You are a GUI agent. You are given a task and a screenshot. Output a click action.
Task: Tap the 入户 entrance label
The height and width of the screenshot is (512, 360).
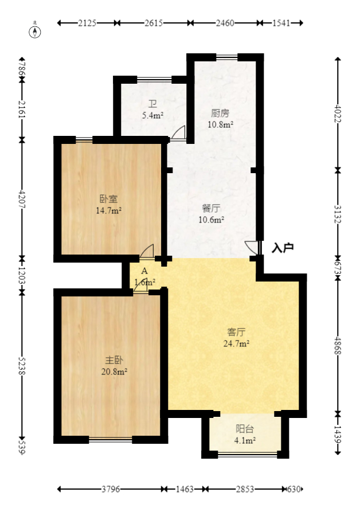tap(283, 248)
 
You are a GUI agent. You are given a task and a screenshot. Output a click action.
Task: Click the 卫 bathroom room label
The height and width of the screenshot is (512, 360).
tap(152, 104)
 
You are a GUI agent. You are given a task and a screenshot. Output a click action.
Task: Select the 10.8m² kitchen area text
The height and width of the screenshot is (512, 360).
tap(221, 124)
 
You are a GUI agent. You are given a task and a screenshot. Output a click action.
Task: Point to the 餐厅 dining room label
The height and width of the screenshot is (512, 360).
tap(210, 209)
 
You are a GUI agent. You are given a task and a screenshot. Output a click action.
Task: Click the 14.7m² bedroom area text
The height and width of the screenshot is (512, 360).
tap(108, 210)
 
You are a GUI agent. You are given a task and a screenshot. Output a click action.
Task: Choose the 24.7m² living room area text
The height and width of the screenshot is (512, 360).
tap(236, 343)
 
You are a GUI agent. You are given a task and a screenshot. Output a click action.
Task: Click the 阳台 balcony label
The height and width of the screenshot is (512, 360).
tap(245, 429)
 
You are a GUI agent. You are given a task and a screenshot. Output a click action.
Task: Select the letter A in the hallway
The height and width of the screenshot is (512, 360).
tap(144, 271)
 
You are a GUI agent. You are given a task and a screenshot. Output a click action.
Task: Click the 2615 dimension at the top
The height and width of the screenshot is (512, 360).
tap(154, 23)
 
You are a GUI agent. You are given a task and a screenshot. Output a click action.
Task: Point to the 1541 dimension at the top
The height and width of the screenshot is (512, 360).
tap(280, 23)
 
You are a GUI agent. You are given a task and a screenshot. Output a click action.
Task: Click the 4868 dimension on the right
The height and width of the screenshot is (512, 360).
tap(338, 344)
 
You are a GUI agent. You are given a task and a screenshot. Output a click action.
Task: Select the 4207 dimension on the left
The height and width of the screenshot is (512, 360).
tap(22, 199)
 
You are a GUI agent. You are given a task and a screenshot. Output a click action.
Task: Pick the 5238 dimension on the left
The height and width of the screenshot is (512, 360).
tap(22, 365)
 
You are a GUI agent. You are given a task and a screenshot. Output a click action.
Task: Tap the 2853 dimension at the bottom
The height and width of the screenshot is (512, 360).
tap(245, 489)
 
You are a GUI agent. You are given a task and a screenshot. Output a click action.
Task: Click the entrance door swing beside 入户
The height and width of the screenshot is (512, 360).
tap(252, 248)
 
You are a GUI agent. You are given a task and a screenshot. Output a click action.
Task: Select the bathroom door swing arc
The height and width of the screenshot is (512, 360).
tap(178, 132)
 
